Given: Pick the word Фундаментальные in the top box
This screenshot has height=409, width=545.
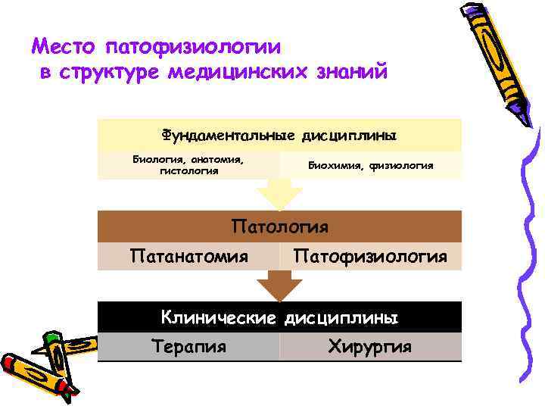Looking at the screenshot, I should [x=227, y=136].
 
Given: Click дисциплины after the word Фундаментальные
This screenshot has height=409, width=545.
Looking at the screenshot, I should [x=349, y=136].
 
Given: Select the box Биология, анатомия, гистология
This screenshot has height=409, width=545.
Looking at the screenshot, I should [x=188, y=165].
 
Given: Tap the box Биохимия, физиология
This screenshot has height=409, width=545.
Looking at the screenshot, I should [x=370, y=165].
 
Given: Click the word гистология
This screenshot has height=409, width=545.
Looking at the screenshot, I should [x=188, y=171].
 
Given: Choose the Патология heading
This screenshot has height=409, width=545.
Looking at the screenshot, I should [x=279, y=226].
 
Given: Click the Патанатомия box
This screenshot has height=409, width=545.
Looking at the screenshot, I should [x=188, y=257].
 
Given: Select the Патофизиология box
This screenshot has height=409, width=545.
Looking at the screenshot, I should [x=370, y=257].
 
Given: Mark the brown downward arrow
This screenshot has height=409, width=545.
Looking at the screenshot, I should [x=279, y=286].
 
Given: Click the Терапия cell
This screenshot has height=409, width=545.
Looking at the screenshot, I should [x=188, y=347].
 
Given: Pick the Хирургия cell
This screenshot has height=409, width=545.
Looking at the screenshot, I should [x=370, y=347].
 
